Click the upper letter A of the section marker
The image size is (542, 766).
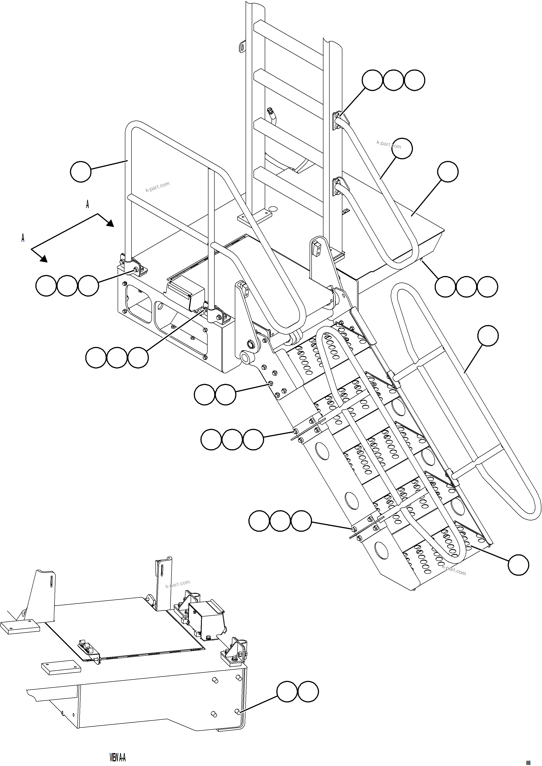88,204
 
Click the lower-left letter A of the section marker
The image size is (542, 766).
23,238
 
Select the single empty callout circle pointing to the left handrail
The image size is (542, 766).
81,172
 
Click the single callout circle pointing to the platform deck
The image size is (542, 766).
447,172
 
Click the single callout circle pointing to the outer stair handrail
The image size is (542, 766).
488,336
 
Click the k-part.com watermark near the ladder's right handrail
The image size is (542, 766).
389,144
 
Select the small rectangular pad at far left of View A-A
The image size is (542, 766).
20,627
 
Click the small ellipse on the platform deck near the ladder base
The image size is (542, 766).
273,209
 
